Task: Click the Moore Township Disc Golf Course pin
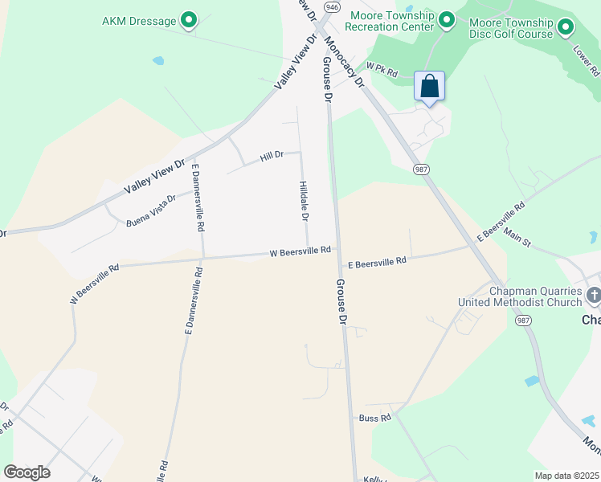[566, 27]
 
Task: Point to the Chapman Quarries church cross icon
[594, 296]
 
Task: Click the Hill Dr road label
[272, 156]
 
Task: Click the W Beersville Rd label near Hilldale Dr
[300, 251]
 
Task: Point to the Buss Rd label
[374, 418]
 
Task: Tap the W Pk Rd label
[382, 71]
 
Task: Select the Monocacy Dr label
[344, 60]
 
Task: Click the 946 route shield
[331, 6]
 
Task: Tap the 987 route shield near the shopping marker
[420, 170]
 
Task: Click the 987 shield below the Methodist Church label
[523, 321]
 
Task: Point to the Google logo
[27, 472]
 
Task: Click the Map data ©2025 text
[566, 476]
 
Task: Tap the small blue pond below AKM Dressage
[158, 60]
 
